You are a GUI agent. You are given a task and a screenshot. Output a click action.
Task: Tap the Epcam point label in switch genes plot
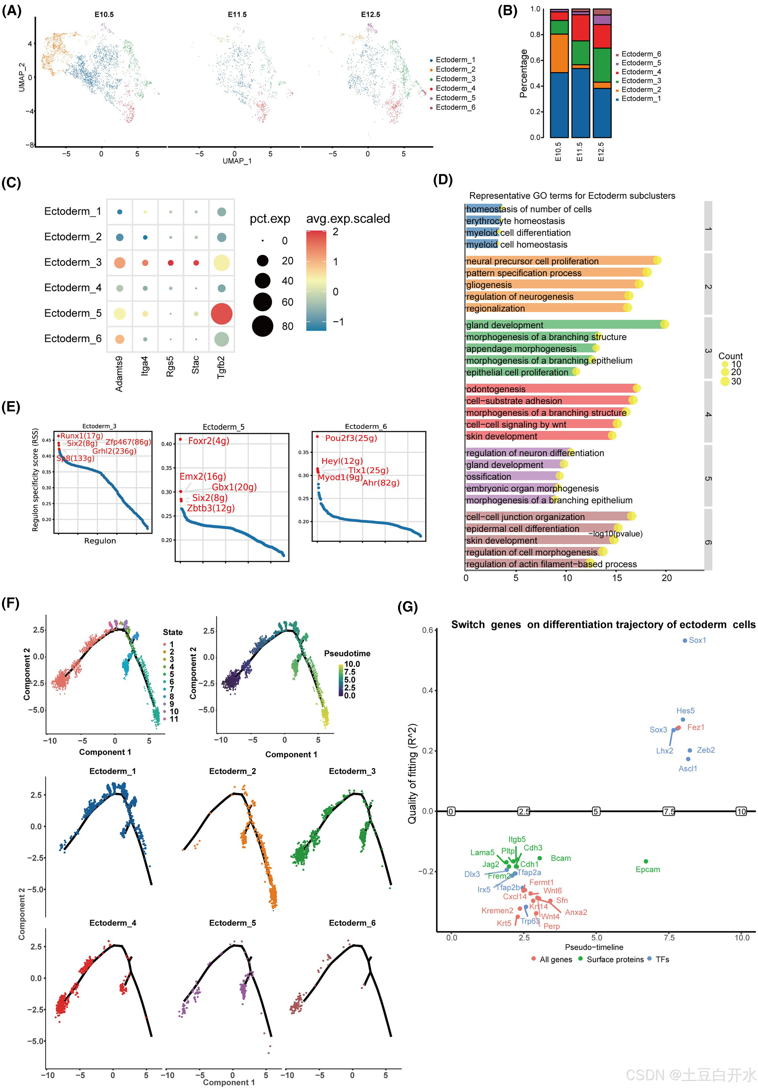point(648,869)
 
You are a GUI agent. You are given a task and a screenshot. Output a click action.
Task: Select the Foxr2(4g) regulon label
point(209,441)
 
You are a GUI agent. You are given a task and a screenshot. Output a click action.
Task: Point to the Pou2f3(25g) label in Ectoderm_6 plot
point(351,438)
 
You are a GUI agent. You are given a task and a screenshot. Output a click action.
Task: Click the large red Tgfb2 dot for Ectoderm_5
point(221,314)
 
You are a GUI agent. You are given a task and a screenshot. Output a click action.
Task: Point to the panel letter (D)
point(443,180)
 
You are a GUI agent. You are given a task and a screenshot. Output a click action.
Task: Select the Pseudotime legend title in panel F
point(347,654)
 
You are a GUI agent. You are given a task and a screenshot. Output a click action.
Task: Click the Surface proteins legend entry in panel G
point(615,959)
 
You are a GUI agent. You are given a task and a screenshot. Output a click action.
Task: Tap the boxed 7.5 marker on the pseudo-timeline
point(668,811)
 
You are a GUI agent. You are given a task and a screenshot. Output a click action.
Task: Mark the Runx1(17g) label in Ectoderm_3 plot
point(82,435)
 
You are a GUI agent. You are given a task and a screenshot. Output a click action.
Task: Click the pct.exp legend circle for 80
point(263,326)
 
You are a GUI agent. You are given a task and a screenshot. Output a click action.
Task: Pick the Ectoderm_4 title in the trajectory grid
point(113,923)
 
